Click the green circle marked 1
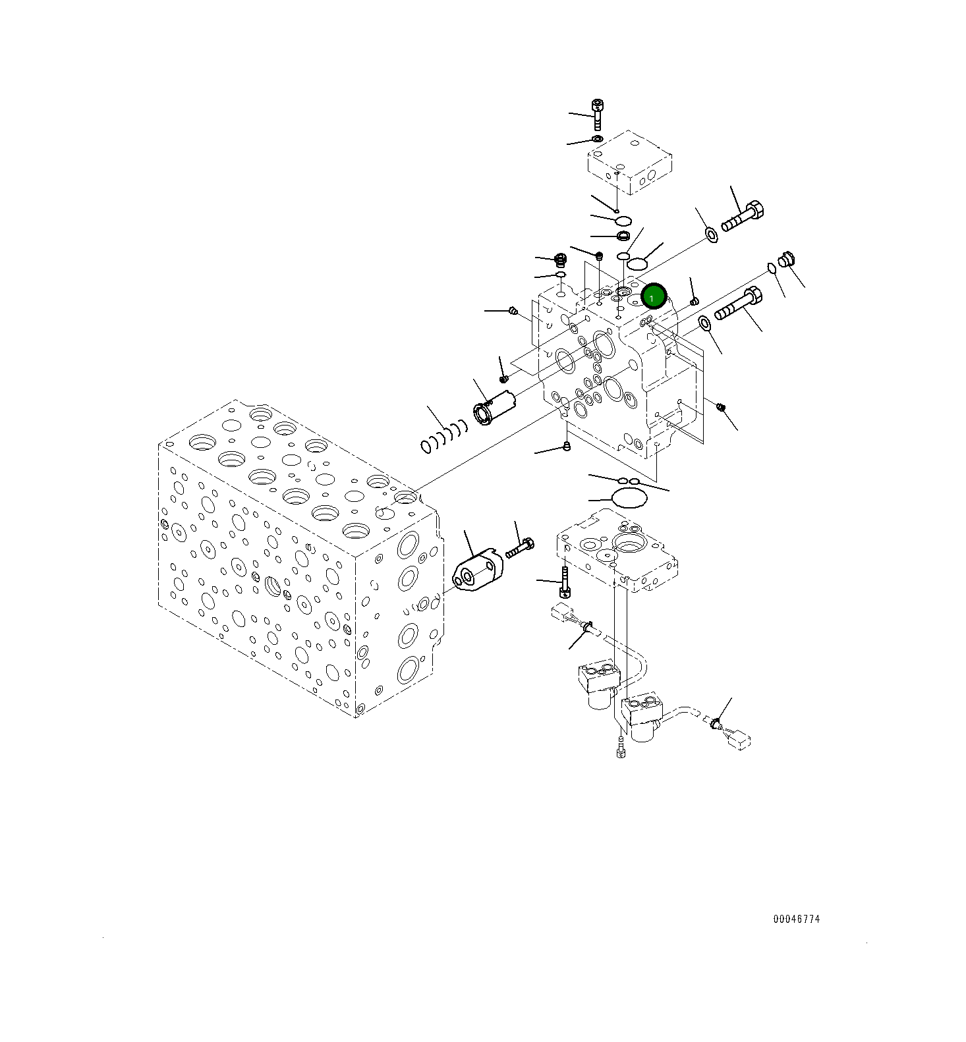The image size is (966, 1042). coord(654,298)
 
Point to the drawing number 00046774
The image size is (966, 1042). coord(796,919)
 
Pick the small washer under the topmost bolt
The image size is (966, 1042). coord(597,139)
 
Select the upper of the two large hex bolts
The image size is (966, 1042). coord(743,217)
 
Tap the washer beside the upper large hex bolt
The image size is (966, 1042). coord(711,233)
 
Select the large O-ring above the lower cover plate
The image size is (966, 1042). coord(629,498)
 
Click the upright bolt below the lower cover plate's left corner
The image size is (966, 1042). coord(565,580)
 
